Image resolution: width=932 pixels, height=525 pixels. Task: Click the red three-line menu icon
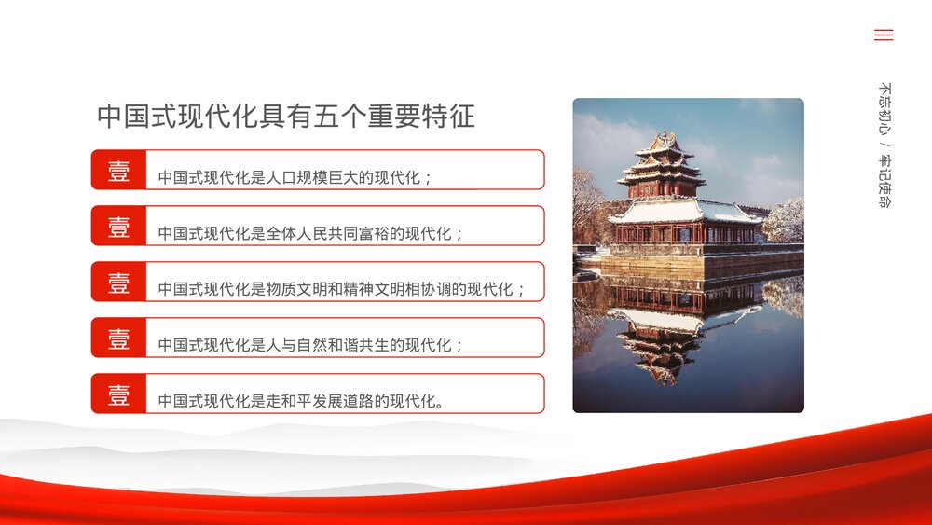884,35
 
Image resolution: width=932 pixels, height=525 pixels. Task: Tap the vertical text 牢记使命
884,181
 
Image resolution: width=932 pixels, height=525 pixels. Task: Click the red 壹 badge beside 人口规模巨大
119,171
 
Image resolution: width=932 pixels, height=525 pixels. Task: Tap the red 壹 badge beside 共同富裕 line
119,227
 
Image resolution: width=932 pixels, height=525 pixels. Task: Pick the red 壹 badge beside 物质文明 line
119,283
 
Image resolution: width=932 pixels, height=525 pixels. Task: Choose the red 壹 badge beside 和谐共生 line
119,338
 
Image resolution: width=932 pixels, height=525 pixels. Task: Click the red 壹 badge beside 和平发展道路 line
119,394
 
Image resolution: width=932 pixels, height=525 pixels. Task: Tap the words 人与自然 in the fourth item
298,346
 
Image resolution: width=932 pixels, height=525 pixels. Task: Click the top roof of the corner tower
663,145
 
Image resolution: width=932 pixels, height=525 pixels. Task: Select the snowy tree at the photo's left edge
586,205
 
